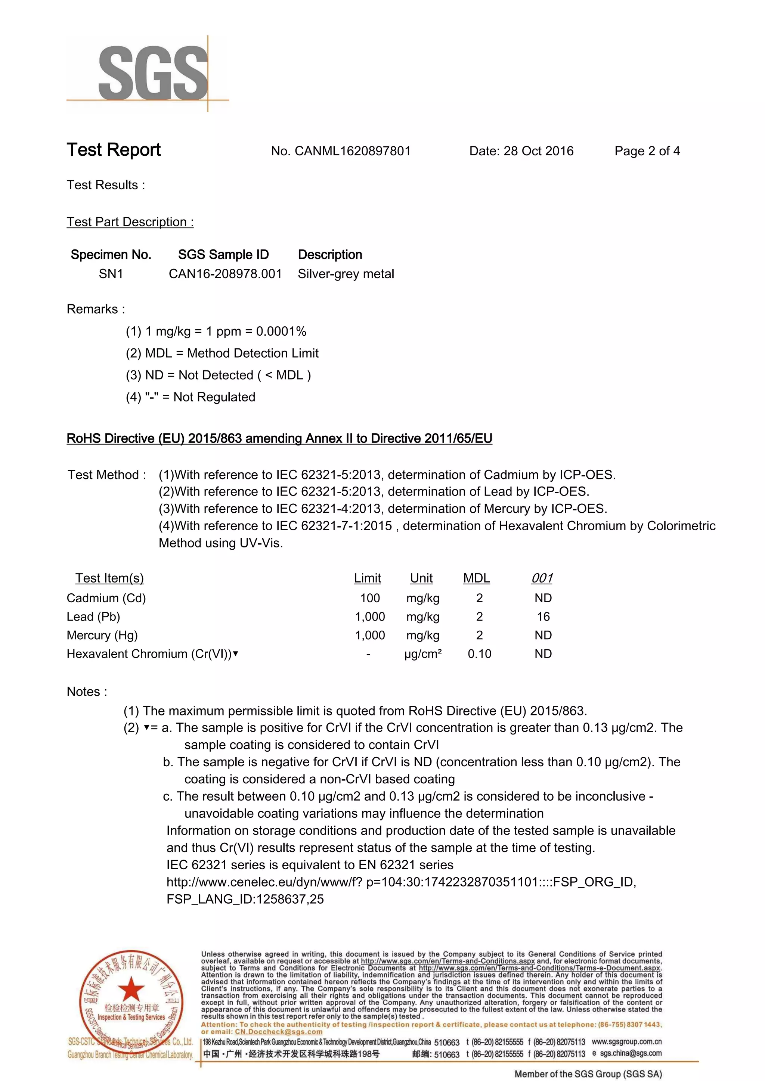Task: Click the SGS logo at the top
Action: click(153, 72)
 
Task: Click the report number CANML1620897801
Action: click(352, 151)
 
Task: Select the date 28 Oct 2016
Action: click(538, 151)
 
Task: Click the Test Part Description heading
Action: click(130, 222)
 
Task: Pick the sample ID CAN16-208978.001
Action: click(225, 274)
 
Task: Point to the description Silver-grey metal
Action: click(346, 274)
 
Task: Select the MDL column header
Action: click(476, 578)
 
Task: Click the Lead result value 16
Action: click(543, 617)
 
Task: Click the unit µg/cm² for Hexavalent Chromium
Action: click(422, 654)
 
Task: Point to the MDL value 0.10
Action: click(479, 654)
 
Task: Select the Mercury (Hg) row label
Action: click(102, 635)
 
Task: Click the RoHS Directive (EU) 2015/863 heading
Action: click(279, 438)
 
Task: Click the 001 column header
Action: click(542, 578)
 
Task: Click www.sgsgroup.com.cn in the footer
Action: click(626, 1042)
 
